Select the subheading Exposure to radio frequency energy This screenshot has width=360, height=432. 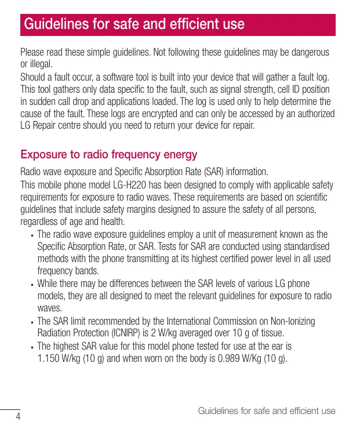click(109, 155)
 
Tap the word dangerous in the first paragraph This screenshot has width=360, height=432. click(307, 53)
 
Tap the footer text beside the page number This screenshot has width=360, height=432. click(267, 411)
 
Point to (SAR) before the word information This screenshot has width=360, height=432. click(214, 172)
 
